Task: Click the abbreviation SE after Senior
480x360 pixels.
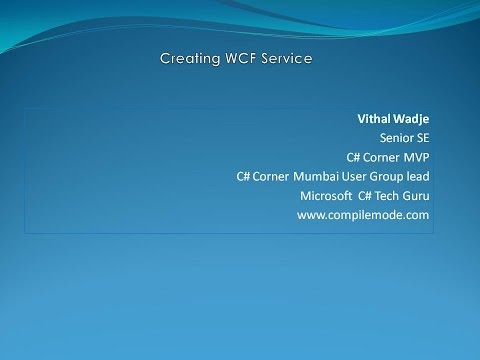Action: tap(422, 139)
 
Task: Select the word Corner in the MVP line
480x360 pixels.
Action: tap(381, 158)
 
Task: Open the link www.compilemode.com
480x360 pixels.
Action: tap(363, 215)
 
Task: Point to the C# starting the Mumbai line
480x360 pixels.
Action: tap(243, 177)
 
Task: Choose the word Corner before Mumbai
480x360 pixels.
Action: tap(270, 177)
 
